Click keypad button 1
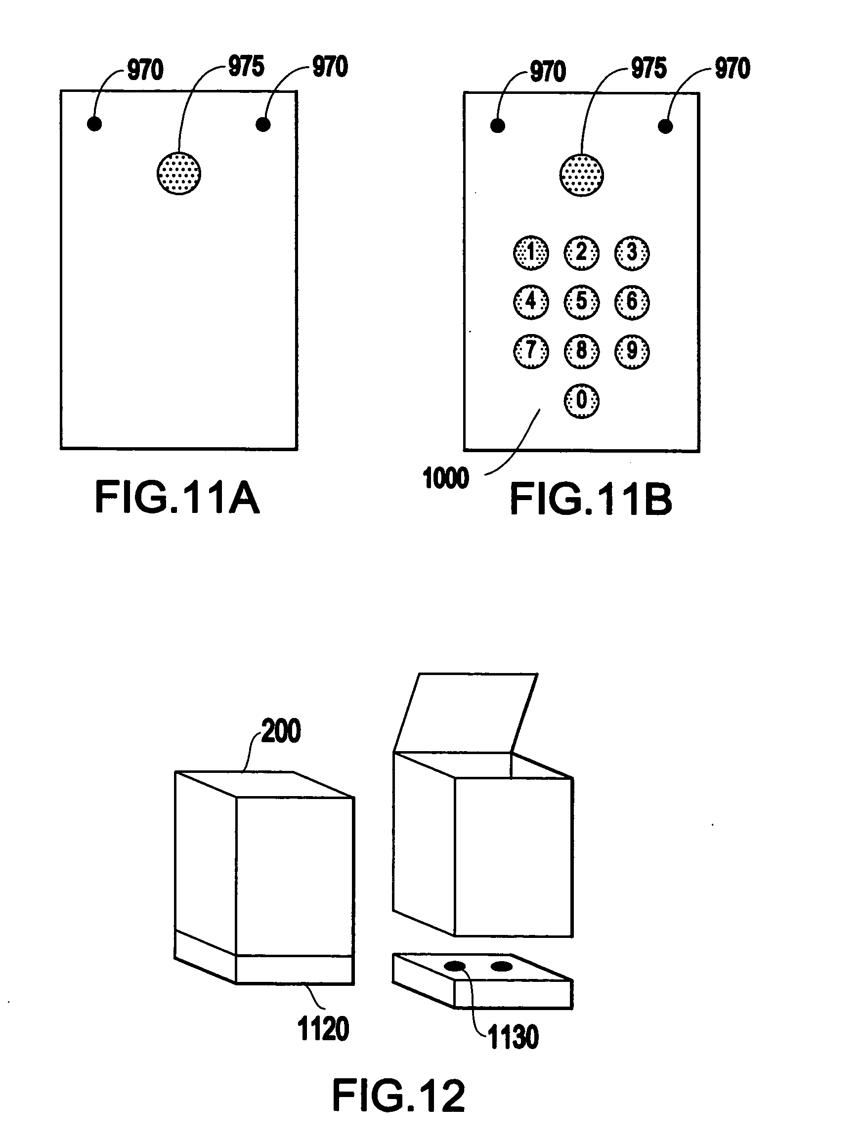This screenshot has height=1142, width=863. (531, 253)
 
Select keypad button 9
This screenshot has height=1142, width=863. (632, 351)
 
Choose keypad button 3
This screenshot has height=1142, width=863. (632, 253)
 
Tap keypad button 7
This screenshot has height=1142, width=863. (531, 351)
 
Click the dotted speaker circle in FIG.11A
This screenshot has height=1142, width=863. (179, 173)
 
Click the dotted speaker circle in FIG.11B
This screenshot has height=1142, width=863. (582, 174)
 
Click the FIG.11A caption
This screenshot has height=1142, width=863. (177, 497)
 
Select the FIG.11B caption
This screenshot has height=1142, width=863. (591, 499)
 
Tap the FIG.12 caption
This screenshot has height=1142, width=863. (399, 1096)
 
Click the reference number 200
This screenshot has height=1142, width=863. (280, 731)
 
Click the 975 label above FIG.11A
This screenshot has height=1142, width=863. (246, 66)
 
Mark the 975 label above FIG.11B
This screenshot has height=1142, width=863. (649, 68)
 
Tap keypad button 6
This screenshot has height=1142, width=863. (632, 302)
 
